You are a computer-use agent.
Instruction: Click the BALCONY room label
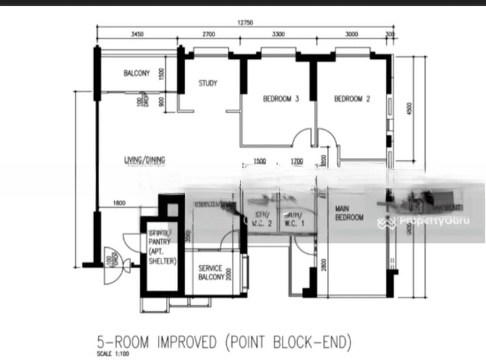[x=137, y=73]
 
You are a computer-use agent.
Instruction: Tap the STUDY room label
[x=208, y=83]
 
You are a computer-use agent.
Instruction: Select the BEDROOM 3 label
[x=281, y=100]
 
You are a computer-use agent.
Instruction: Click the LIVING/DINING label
[x=145, y=160]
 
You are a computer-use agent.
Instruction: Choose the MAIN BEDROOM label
[x=349, y=213]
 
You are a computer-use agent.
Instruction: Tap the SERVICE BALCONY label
[x=209, y=274]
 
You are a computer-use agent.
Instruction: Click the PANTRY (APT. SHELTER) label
[x=161, y=247]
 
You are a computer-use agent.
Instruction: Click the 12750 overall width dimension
[x=245, y=22]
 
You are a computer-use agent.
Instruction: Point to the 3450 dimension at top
[x=137, y=35]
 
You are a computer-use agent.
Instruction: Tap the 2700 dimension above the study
[x=208, y=35]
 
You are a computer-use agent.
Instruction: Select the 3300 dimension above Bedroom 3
[x=278, y=35]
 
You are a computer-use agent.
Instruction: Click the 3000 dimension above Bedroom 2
[x=352, y=35]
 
